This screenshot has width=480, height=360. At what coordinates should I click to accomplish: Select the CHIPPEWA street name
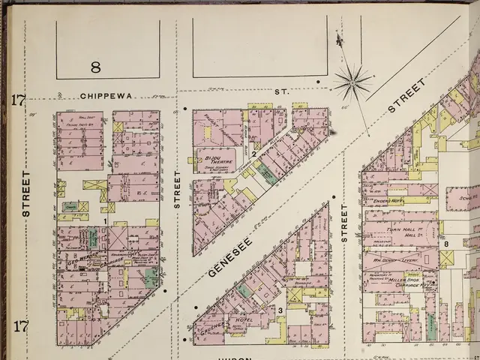point(110,96)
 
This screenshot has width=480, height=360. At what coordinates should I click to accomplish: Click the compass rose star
point(352,81)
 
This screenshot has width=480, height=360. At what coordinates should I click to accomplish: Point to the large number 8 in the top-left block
point(95,67)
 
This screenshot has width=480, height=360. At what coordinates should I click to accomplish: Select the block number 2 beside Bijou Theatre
point(254,154)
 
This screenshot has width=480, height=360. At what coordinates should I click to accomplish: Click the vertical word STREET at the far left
point(26,193)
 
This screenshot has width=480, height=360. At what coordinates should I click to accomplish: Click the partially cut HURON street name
point(233,357)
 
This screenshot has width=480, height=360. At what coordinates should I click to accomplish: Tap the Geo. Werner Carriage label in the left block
point(84,258)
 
